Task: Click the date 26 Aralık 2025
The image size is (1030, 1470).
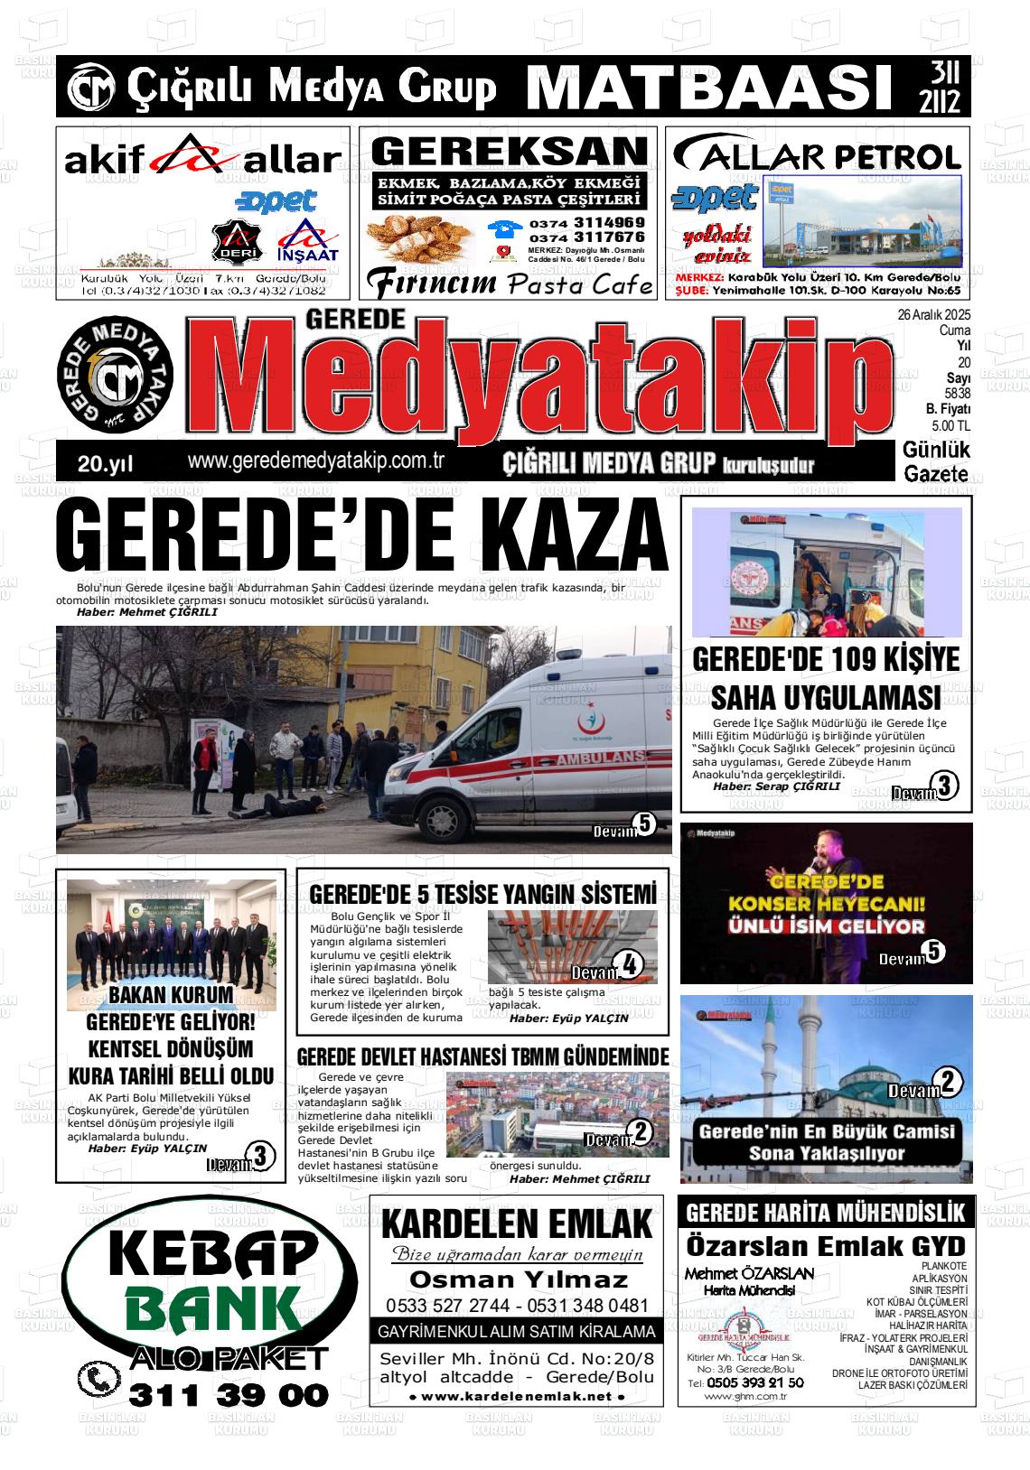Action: (x=933, y=314)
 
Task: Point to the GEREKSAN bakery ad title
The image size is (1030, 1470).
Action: (x=510, y=151)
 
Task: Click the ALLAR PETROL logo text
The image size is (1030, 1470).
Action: (x=818, y=155)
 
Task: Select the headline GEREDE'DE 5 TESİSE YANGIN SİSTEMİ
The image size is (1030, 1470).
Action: (x=482, y=894)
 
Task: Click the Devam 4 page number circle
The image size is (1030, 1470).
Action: (x=629, y=965)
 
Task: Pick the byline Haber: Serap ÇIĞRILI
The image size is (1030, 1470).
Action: (x=776, y=786)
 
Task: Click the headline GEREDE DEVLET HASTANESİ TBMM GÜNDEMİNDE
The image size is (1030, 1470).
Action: (x=482, y=1056)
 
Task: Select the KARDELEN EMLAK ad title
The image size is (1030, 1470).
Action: (x=517, y=1225)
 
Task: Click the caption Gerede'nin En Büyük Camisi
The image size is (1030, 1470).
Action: (x=826, y=1132)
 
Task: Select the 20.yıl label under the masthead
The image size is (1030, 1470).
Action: (x=105, y=464)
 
